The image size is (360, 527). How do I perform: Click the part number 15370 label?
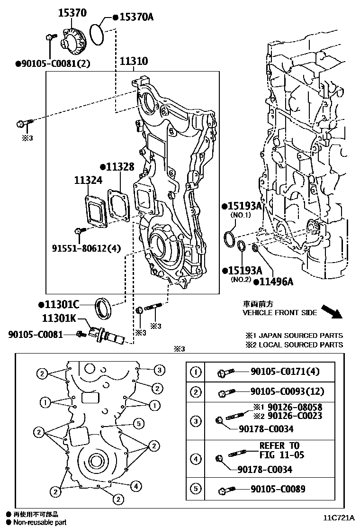point(72,13)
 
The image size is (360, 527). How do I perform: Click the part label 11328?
point(119,167)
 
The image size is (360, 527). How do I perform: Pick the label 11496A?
point(276,282)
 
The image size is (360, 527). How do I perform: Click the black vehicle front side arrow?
point(331,311)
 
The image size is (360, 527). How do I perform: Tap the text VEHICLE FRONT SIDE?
point(279,313)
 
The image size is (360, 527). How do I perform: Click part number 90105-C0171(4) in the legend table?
point(285,372)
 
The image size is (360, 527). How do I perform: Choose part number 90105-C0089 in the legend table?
point(279,489)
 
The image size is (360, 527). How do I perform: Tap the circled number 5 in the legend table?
point(195,489)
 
